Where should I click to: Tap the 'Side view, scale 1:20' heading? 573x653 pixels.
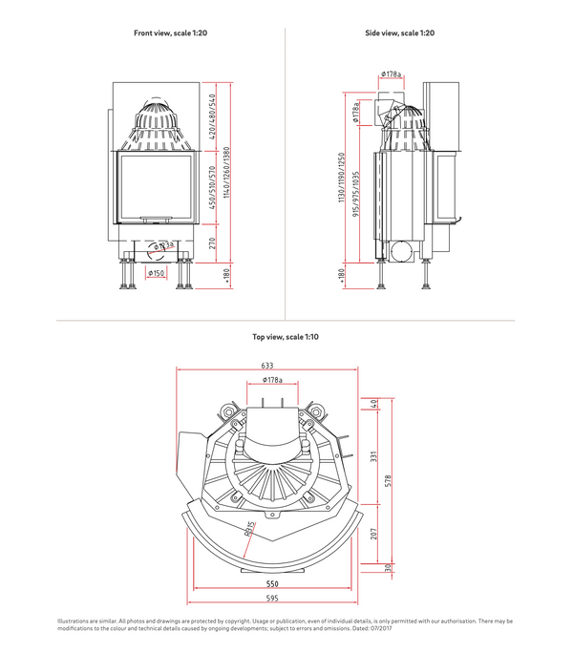tap(399, 33)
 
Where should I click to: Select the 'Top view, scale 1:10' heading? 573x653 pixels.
tap(286, 336)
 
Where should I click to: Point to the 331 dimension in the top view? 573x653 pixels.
tap(374, 455)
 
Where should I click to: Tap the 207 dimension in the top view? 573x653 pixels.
tap(374, 533)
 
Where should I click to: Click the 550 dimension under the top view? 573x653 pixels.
tap(271, 583)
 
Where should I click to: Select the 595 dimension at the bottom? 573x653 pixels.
tap(271, 599)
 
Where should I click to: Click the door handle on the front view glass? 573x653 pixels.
tap(157, 218)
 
